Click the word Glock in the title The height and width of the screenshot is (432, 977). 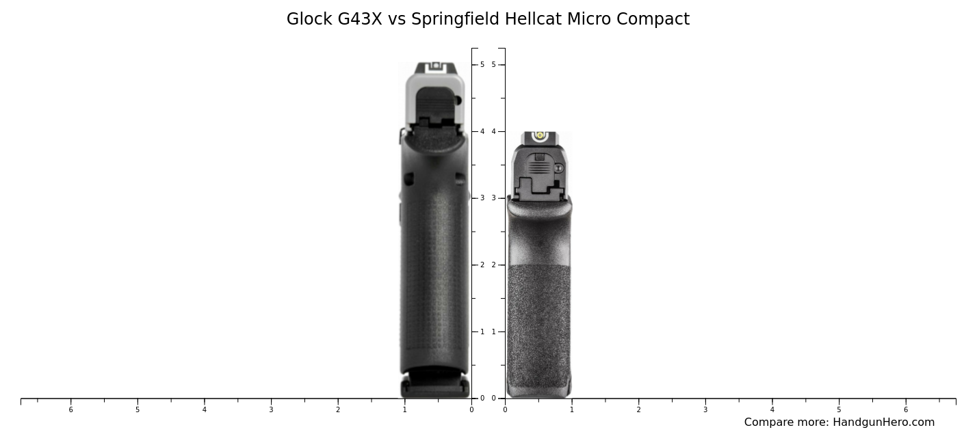pyautogui.click(x=309, y=19)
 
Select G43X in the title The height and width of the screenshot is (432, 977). pyautogui.click(x=360, y=19)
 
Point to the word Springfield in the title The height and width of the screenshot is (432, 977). pyautogui.click(x=455, y=19)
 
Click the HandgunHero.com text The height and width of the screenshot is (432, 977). pyautogui.click(x=883, y=422)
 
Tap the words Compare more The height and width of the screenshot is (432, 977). pyautogui.click(x=786, y=422)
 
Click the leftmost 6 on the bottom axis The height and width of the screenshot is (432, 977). pyautogui.click(x=70, y=410)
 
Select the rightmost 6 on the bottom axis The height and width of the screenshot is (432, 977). pyautogui.click(x=906, y=410)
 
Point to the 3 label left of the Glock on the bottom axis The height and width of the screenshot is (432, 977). pyautogui.click(x=271, y=410)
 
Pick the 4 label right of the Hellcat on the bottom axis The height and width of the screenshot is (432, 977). pyautogui.click(x=772, y=410)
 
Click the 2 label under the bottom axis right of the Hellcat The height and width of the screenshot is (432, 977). pyautogui.click(x=638, y=410)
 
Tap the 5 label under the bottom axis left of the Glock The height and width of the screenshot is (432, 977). pyautogui.click(x=138, y=410)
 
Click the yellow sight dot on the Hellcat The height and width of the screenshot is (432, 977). pyautogui.click(x=540, y=135)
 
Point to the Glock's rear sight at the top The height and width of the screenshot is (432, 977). pyautogui.click(x=436, y=66)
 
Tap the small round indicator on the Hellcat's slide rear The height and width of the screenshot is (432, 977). pyautogui.click(x=558, y=168)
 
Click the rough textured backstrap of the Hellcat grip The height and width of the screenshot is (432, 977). pyautogui.click(x=539, y=321)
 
